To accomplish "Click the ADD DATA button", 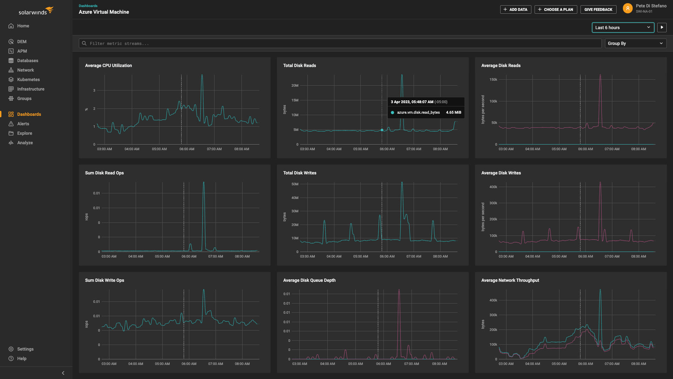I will coord(515,9).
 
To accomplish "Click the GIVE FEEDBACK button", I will coord(598,9).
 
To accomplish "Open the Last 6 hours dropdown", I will coord(623,27).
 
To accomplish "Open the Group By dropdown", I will coord(635,43).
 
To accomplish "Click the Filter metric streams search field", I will coord(340,43).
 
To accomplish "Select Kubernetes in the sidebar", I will coord(28,80).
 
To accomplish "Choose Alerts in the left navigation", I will coord(23,124).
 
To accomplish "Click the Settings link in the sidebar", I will coord(25,349).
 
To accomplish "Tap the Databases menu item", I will coord(28,61).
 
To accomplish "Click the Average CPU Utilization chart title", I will coord(108,66).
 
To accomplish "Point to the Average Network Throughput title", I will coord(510,280).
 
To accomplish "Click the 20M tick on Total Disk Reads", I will coord(295,86).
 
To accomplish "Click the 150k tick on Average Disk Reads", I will coord(493,80).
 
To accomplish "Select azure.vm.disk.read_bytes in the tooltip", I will coord(418,113).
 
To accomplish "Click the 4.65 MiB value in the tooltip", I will coord(453,113).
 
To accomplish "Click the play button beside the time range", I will coord(661,27).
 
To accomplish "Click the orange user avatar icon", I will coord(627,8).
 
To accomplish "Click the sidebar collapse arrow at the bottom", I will coord(63,373).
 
